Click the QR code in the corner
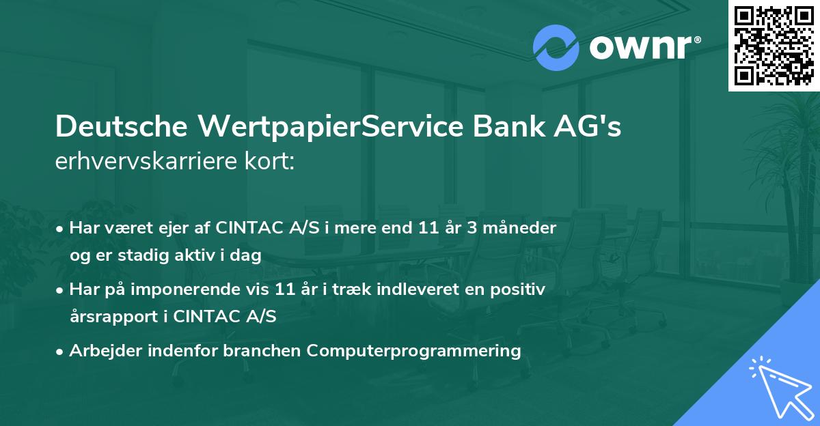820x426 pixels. (774, 45)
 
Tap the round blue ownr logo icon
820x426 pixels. (556, 48)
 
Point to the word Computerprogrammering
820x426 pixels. (414, 351)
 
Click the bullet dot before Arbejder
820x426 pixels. (61, 352)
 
